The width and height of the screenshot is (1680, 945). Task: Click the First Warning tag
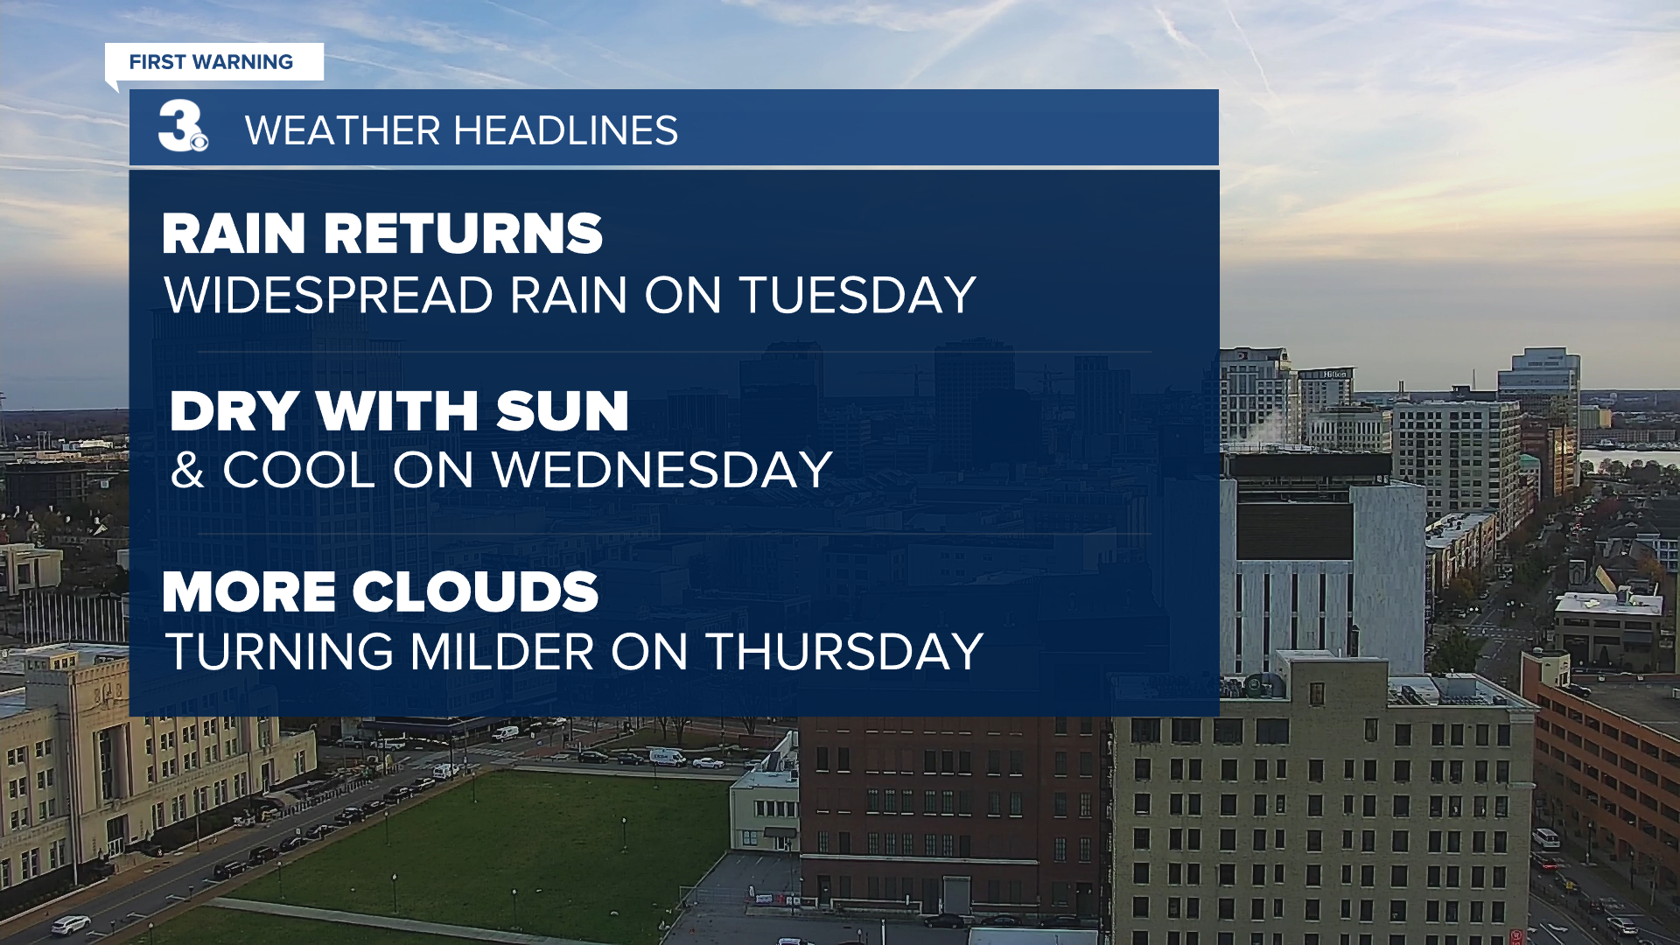213,62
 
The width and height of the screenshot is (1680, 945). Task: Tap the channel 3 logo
183,126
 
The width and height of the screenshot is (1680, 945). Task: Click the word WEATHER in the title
342,131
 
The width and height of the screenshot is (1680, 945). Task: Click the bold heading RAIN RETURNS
382,234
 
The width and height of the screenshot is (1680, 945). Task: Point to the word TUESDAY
857,295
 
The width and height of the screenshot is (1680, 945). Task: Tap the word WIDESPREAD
329,295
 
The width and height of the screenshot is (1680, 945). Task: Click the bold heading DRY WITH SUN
400,410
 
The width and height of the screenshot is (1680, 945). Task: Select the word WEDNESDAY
661,470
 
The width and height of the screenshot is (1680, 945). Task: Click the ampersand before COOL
187,470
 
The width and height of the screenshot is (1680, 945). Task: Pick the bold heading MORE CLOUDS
381,592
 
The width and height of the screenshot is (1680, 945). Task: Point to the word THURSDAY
844,652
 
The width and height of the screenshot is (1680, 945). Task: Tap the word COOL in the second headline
299,470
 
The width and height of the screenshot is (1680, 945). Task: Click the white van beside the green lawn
667,757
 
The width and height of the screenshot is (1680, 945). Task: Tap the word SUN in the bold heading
563,410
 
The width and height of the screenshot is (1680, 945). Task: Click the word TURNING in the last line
280,652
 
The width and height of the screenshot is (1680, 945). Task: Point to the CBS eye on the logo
199,142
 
